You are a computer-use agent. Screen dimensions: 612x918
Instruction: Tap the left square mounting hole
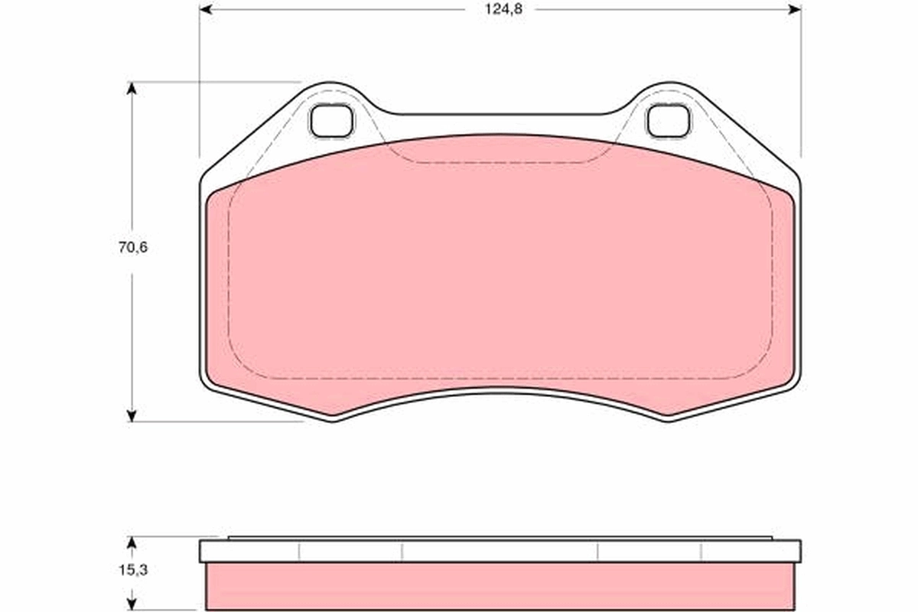click(x=331, y=121)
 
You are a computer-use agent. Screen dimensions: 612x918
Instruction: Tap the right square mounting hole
click(x=668, y=121)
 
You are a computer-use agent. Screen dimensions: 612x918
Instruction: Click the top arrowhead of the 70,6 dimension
click(x=132, y=88)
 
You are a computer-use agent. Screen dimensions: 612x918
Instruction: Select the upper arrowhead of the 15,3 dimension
click(x=132, y=543)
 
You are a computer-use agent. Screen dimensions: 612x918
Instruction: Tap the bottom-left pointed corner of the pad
click(x=334, y=416)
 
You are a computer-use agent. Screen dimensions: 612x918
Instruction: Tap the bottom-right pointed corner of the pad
click(x=668, y=416)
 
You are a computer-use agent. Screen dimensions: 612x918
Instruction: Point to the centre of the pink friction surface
click(x=500, y=275)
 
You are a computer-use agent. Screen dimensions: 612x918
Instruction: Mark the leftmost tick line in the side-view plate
click(x=299, y=552)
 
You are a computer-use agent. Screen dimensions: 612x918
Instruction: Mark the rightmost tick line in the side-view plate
click(x=702, y=552)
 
